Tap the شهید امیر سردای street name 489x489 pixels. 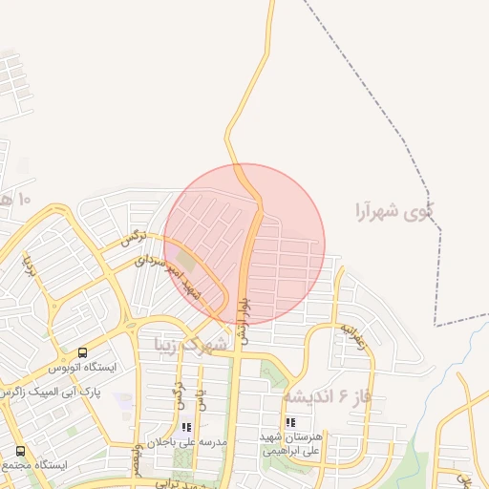[x=168, y=277]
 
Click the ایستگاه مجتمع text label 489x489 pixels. [x=33, y=465]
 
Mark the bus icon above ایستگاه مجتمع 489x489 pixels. [x=20, y=451]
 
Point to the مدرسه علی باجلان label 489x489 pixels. [x=185, y=443]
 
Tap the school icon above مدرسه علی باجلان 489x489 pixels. [x=186, y=427]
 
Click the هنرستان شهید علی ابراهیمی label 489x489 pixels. [x=289, y=442]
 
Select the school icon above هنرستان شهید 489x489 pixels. [x=289, y=421]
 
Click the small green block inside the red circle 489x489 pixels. [x=185, y=259]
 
